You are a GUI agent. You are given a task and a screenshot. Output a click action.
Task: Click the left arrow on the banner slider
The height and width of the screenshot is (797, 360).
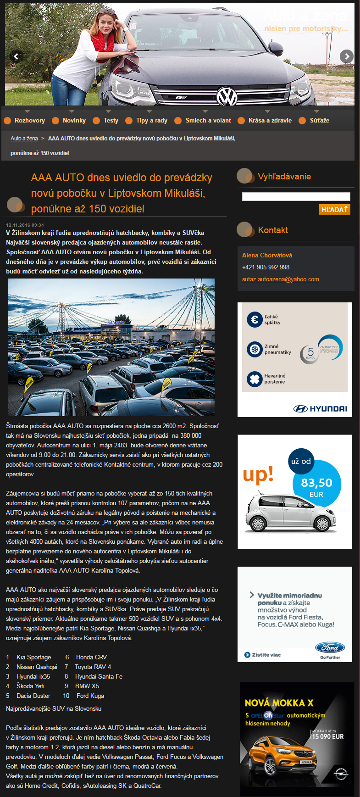pos(16,56)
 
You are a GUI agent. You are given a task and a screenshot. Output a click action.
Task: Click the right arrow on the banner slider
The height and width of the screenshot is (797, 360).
pos(347,56)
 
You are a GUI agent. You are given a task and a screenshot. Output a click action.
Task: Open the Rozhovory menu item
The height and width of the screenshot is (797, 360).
pos(29,121)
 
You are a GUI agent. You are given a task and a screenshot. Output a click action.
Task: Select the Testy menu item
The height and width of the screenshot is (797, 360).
pos(111,121)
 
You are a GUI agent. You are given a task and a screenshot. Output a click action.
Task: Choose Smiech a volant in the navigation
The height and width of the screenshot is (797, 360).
pos(208,121)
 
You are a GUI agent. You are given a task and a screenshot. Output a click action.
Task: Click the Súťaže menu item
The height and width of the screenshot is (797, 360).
pos(319,121)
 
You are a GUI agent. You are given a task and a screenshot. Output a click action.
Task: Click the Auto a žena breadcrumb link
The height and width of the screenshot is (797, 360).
pos(24,139)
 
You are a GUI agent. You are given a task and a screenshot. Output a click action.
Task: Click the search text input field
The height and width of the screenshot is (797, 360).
pos(296,197)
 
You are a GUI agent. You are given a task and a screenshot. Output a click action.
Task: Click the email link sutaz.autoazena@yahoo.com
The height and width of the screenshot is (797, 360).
pos(280,279)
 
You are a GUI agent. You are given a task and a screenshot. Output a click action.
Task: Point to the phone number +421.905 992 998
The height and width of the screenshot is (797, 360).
pos(266,268)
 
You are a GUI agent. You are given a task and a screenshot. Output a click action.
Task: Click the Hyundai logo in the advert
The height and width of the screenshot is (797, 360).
pos(320,409)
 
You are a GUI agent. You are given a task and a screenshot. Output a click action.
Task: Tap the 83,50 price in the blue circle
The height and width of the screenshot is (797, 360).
pos(316,483)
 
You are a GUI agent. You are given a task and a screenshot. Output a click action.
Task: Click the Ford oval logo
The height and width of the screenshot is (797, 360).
pos(330,647)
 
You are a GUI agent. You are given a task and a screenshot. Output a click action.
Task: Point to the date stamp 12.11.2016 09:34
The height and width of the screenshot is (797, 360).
pos(25,225)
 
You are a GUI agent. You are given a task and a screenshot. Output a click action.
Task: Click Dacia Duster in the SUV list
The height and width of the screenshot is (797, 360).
pos(33,696)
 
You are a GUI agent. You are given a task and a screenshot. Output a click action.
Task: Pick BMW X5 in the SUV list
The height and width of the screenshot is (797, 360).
pos(87,686)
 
